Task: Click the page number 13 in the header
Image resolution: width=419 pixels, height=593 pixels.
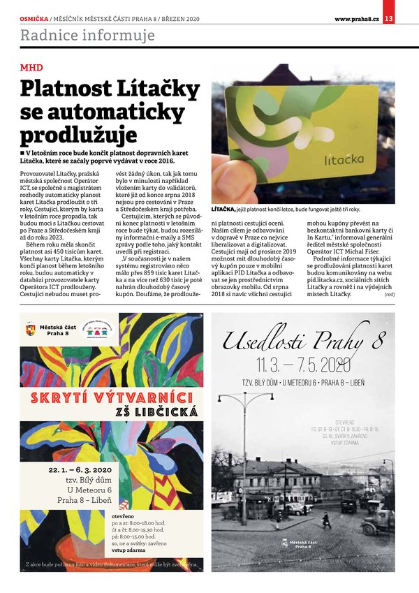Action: [x=389, y=18]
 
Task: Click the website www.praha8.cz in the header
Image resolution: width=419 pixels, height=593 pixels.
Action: [x=356, y=18]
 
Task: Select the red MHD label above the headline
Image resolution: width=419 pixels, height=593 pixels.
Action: [x=31, y=68]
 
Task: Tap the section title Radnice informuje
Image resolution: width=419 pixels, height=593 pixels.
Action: [x=87, y=35]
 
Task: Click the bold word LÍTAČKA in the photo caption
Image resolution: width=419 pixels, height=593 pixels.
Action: [x=228, y=209]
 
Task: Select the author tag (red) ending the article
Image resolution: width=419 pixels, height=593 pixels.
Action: [x=389, y=295]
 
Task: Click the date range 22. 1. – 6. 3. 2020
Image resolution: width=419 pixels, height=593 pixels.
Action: [x=80, y=470]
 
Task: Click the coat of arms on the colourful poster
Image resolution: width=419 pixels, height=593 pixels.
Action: [x=29, y=328]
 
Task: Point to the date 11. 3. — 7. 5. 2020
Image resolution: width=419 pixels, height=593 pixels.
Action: [x=303, y=364]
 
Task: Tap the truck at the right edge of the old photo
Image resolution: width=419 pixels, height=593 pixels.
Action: [x=378, y=522]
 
